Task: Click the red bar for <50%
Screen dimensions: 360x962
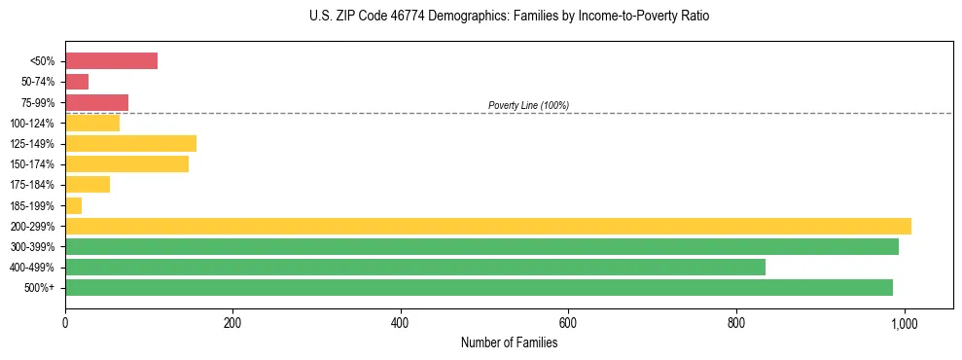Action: pos(111,61)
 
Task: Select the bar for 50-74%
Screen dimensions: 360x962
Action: pos(77,82)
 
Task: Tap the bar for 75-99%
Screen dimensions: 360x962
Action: pos(96,102)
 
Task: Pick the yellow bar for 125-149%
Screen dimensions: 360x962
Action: pos(130,144)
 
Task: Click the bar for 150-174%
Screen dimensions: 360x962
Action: pos(126,164)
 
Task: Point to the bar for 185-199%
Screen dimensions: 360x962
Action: pos(74,205)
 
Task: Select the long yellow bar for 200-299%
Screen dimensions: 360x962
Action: pos(487,226)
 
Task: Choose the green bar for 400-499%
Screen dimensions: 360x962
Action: pos(414,267)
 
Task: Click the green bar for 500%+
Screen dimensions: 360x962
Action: pos(479,287)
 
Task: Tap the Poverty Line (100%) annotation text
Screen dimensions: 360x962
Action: pos(528,105)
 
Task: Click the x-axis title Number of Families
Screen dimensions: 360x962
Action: pos(509,342)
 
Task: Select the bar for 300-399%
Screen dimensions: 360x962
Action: pos(481,246)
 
